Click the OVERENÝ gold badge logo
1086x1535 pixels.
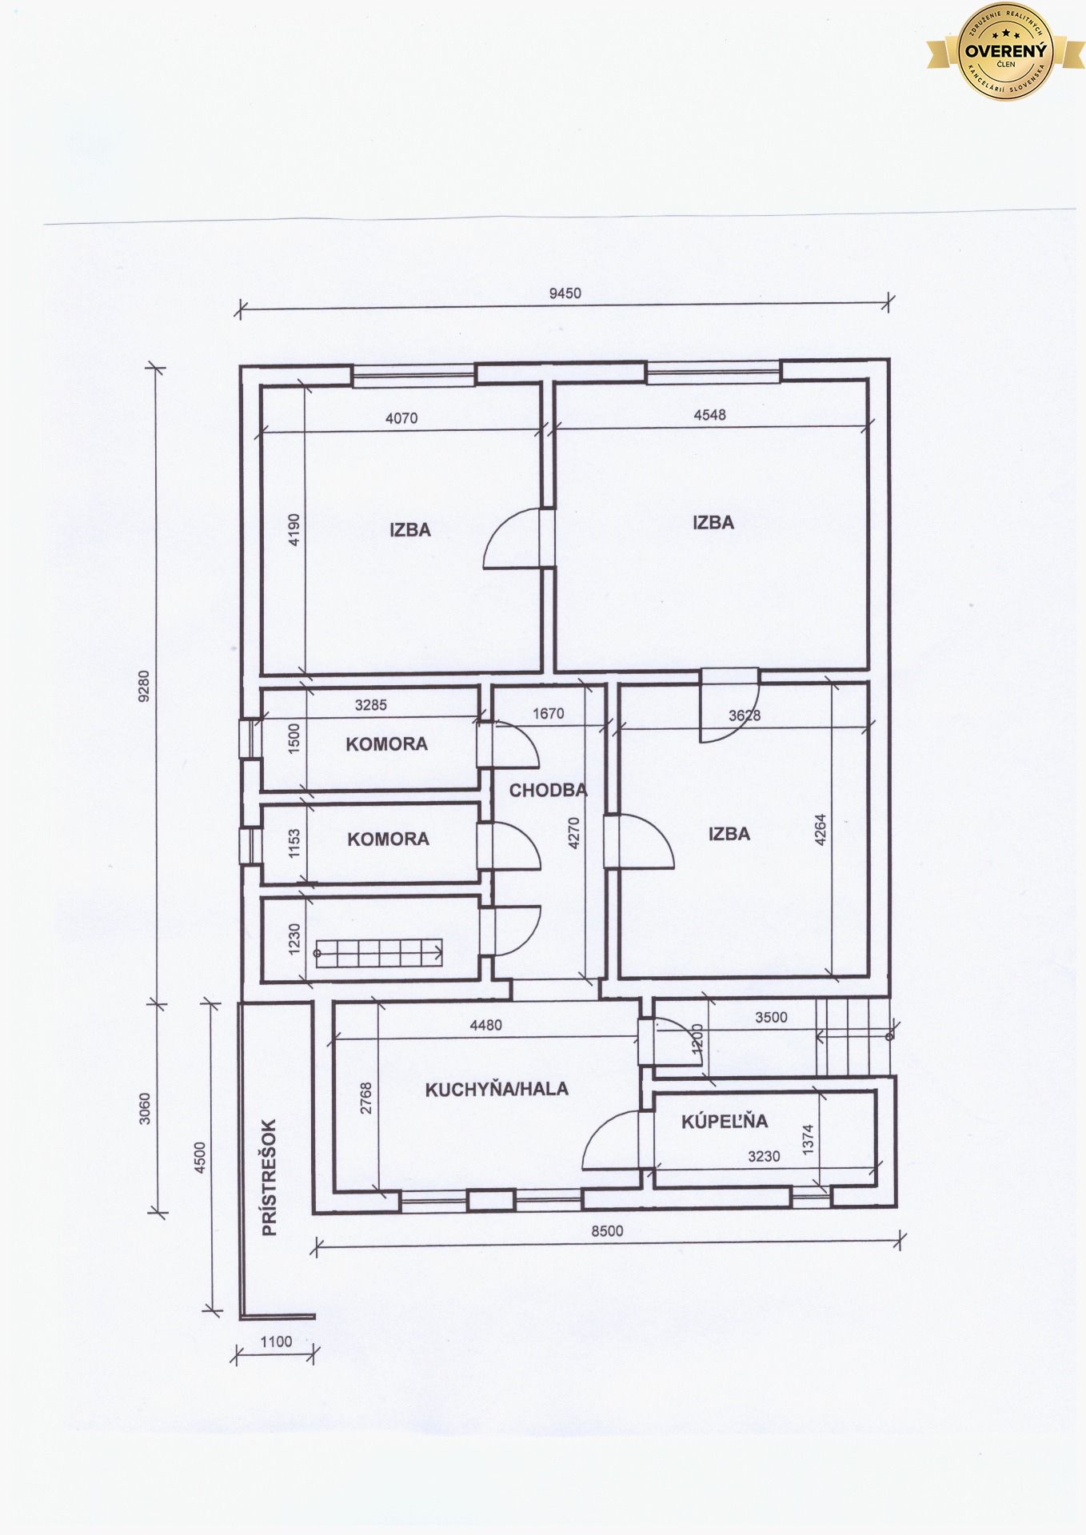(1005, 52)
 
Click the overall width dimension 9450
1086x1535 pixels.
(565, 293)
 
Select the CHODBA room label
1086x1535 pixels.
(549, 791)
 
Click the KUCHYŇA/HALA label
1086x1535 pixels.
(497, 1089)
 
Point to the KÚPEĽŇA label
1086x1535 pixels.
(725, 1121)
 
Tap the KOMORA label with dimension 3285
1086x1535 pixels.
(386, 744)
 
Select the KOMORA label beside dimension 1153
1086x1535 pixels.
(388, 839)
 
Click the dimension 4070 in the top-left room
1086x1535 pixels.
(401, 418)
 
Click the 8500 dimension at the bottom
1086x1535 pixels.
(608, 1231)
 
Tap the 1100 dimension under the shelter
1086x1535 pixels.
(277, 1342)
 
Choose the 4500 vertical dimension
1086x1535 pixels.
(200, 1157)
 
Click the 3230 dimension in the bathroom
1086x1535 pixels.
(764, 1156)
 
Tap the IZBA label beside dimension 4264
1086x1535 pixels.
(729, 834)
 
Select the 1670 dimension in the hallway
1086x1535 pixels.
(548, 714)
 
